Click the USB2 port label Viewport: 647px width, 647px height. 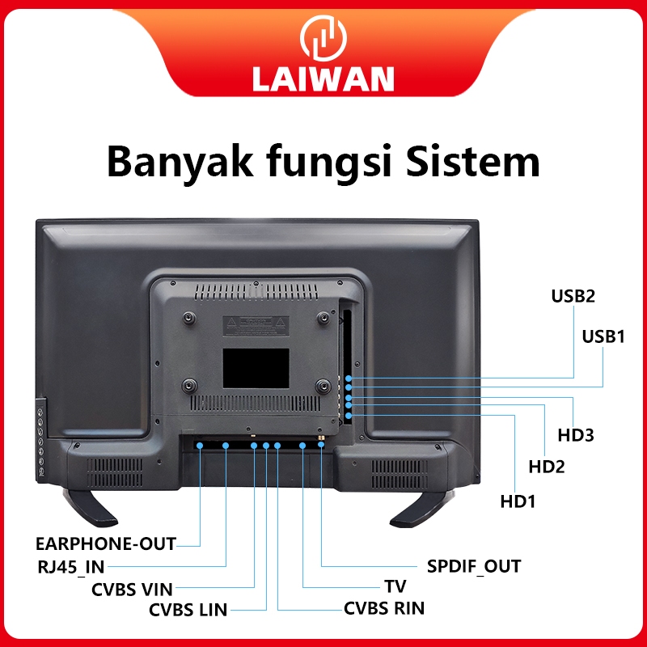tap(573, 296)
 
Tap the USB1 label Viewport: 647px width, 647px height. tap(603, 336)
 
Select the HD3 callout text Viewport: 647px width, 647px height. tap(576, 435)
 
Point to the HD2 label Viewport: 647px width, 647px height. tap(547, 467)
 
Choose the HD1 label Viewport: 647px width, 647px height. tap(518, 501)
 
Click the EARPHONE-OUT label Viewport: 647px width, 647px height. tap(106, 543)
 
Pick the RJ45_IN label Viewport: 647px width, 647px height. tap(71, 567)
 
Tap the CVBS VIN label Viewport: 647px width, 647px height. tap(132, 590)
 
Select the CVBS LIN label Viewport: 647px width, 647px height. tap(188, 610)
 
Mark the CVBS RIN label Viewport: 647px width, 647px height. tap(384, 608)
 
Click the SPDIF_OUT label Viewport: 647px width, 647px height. tap(474, 566)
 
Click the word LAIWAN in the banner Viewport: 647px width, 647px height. tap(323, 78)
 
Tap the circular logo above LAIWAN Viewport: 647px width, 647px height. tap(323, 38)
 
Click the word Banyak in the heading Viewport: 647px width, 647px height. tap(180, 162)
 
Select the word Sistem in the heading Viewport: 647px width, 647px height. tap(473, 161)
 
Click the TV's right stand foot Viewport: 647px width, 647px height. tap(421, 509)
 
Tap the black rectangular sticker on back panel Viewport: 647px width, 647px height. tap(256, 368)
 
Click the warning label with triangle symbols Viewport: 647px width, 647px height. tap(256, 326)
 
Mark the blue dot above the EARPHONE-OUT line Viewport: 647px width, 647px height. tap(200, 446)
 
